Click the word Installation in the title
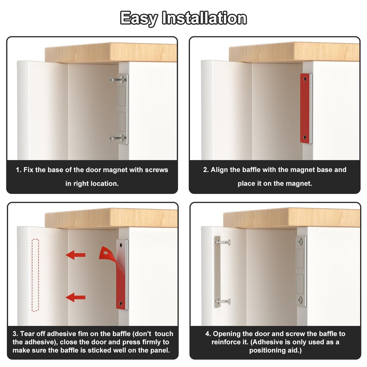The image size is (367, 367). pyautogui.click(x=204, y=18)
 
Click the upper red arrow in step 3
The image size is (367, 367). pyautogui.click(x=75, y=255)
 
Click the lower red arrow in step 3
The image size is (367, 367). pyautogui.click(x=75, y=297)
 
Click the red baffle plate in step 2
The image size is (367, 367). pyautogui.click(x=305, y=108)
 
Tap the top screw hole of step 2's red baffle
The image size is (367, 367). pyautogui.click(x=305, y=79)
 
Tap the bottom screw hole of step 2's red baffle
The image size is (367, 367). pyautogui.click(x=305, y=137)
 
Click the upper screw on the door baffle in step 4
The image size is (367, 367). pyautogui.click(x=223, y=242)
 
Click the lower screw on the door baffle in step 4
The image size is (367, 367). pyautogui.click(x=224, y=301)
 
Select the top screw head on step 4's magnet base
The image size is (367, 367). pyautogui.click(x=300, y=242)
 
